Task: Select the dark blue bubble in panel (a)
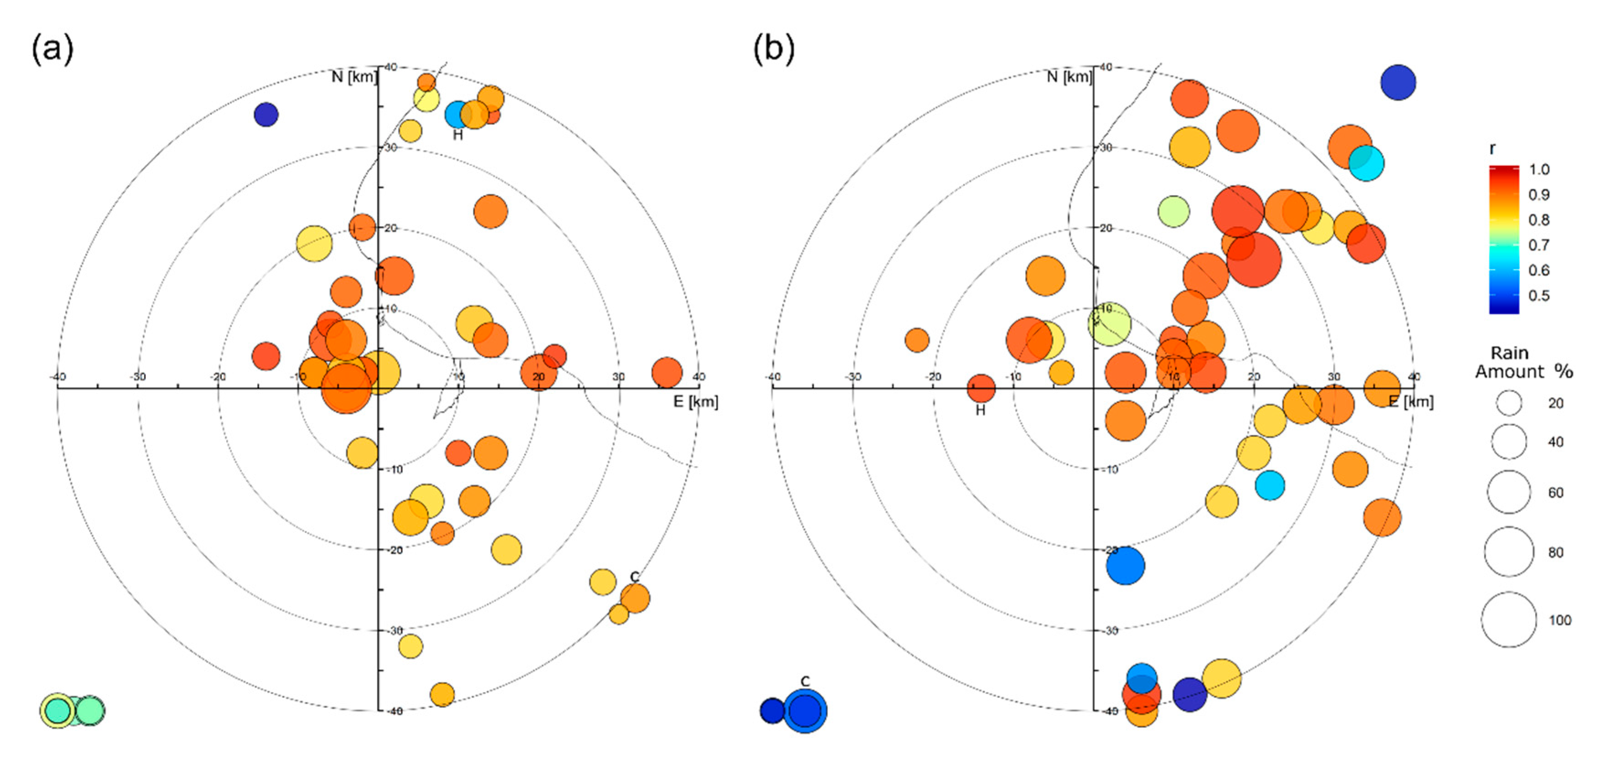pos(266,114)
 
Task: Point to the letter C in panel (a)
pos(635,576)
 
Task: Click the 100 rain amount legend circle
pos(1509,619)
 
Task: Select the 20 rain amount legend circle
pos(1509,403)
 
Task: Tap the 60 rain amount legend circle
pos(1509,492)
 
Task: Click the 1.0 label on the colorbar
pos(1539,170)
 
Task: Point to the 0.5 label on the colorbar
pos(1539,296)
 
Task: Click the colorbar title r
pos(1492,149)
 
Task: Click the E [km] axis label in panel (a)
pos(696,402)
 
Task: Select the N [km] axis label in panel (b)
pos(1069,77)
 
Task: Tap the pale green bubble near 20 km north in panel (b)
pos(1173,212)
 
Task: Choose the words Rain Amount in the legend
pos(1509,362)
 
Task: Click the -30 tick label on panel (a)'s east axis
pos(138,376)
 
